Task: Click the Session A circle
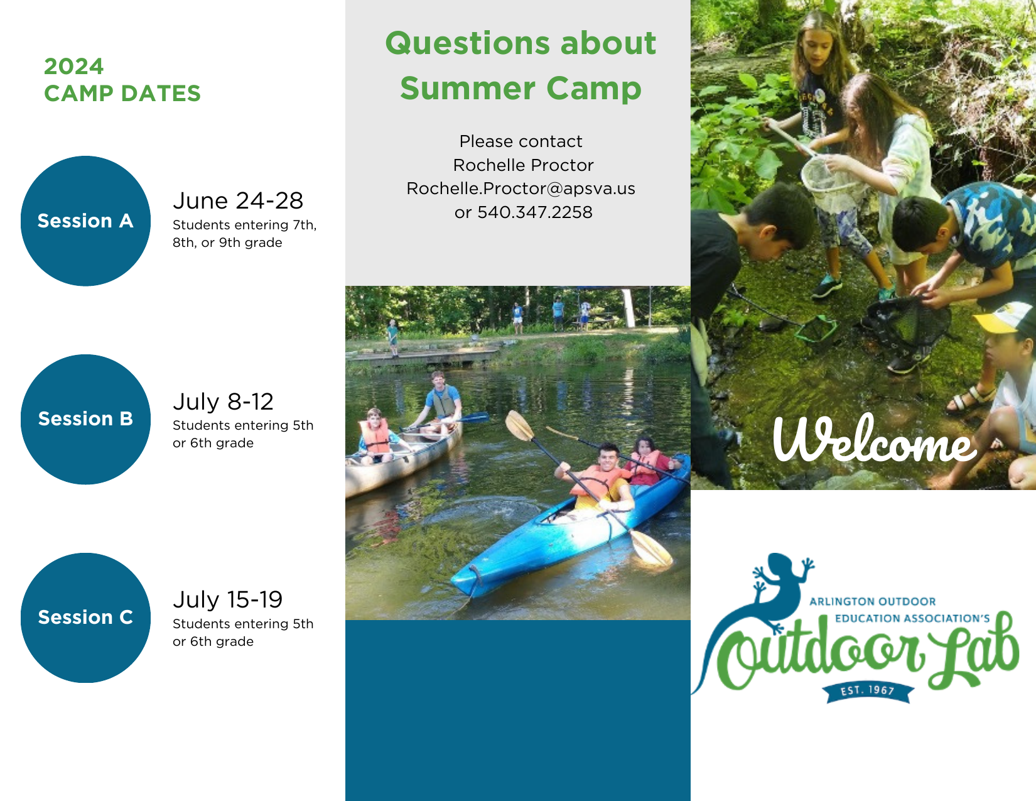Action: pos(86,221)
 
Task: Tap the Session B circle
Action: pos(86,419)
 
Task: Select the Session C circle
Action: pos(86,618)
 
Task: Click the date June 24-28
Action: pos(238,200)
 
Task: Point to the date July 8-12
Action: pos(223,401)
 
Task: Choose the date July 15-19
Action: pos(228,600)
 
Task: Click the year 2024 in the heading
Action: pos(73,67)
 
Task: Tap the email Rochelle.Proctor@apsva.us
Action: pos(521,188)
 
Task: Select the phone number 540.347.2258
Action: pos(535,212)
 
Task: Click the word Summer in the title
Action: pos(468,89)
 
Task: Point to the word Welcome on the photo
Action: pos(875,439)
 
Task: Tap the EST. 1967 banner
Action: pos(868,692)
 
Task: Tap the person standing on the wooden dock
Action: pos(393,338)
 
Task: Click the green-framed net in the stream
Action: pos(816,329)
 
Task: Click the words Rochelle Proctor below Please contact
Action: pos(523,165)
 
